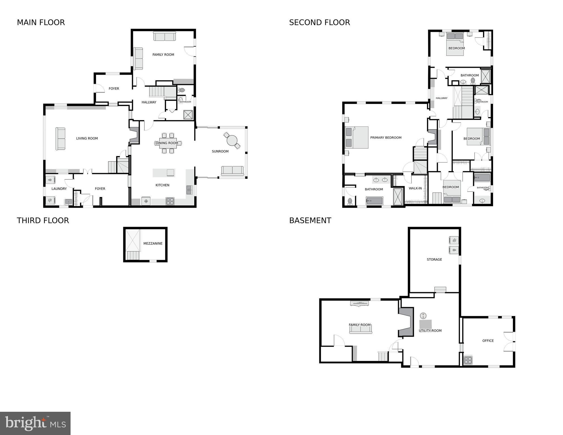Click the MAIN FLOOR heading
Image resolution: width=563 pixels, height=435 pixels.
(41, 22)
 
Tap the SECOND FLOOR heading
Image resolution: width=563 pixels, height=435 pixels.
(319, 22)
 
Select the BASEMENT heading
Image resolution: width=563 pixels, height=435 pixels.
(310, 220)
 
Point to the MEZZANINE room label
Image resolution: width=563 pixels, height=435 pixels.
(153, 243)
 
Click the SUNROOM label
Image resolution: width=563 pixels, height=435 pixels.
(220, 151)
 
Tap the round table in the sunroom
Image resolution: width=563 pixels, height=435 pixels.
(232, 140)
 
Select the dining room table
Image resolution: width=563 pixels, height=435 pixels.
(167, 143)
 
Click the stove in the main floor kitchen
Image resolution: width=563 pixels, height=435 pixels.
(170, 201)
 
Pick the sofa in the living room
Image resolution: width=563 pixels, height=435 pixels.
(60, 139)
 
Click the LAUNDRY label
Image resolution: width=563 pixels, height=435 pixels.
(59, 189)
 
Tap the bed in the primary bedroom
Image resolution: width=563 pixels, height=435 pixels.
(357, 137)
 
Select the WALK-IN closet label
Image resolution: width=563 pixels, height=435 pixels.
(415, 188)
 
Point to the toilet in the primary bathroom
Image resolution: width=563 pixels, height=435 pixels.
(350, 201)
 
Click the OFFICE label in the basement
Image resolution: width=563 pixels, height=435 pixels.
(488, 341)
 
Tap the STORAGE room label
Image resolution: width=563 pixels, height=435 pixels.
(434, 259)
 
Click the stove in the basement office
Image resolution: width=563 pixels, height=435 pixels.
(468, 360)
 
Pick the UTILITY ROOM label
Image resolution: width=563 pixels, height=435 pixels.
(430, 330)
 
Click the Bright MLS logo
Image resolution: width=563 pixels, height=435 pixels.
(35, 423)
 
